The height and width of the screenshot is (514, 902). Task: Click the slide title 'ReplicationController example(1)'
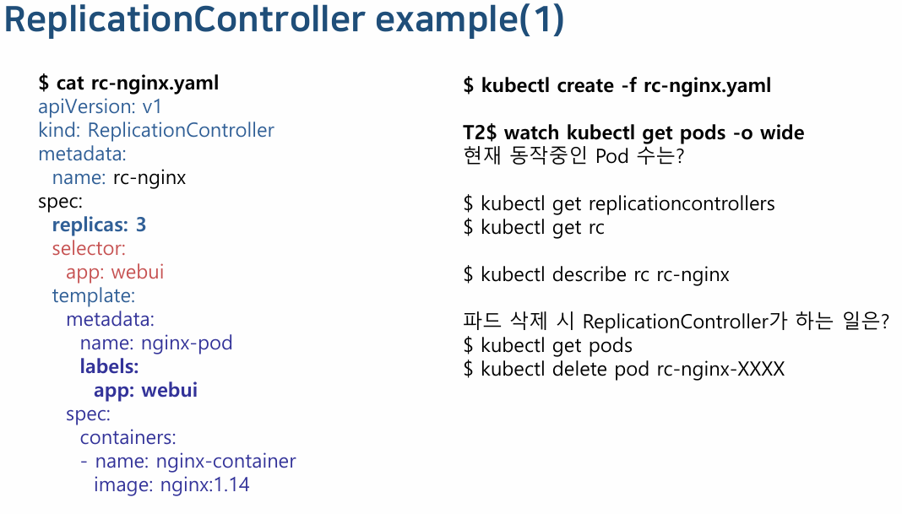pos(284,21)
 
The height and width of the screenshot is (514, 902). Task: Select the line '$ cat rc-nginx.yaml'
pos(128,83)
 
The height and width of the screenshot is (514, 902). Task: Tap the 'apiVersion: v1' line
pos(100,107)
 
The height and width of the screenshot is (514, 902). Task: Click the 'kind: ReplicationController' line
pos(156,131)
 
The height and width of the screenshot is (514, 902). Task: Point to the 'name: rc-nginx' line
pos(118,178)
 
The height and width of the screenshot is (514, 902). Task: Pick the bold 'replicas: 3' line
pos(99,225)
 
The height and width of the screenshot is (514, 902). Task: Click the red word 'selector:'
pos(89,249)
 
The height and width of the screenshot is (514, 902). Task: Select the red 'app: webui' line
pos(115,273)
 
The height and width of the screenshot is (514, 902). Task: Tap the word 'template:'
pos(93,296)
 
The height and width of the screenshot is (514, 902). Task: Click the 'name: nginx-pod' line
pos(155,344)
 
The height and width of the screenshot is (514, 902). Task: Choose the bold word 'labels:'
pos(109,367)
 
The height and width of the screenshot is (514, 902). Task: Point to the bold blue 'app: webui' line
pos(145,391)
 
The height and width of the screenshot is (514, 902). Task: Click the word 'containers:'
pos(128,438)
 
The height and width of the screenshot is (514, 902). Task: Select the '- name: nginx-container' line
pos(187,462)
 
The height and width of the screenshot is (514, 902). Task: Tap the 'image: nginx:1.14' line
pos(171,485)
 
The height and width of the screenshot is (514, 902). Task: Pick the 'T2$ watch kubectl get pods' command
pos(633,133)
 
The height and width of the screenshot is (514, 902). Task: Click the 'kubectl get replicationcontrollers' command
pos(619,203)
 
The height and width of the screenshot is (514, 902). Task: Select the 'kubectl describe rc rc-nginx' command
pos(596,274)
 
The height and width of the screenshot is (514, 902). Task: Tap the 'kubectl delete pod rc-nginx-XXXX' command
pos(624,369)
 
